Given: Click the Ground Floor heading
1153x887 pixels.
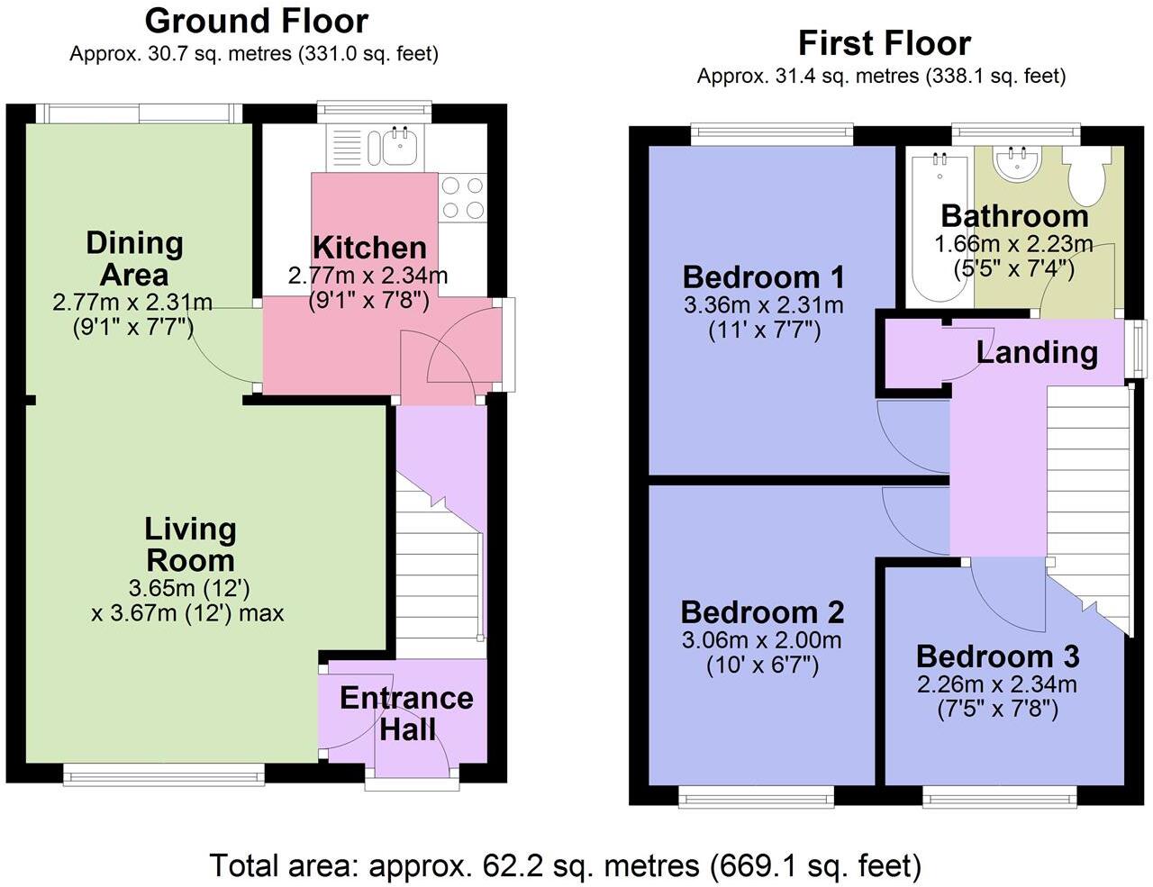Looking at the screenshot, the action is coord(257,22).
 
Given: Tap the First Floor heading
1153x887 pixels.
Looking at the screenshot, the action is coord(885,43).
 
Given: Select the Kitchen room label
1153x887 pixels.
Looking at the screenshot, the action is coord(369,248).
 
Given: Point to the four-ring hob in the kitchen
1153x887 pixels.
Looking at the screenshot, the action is coord(462,198).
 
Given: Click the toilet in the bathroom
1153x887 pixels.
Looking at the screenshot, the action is coord(1086,176).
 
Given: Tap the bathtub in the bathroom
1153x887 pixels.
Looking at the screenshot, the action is coord(940,226).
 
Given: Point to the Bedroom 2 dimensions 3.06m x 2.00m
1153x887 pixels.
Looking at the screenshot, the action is coord(762,640).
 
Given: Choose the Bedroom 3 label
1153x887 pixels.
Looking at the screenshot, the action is coord(997,656).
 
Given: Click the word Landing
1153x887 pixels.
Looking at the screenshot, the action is coord(1037,353).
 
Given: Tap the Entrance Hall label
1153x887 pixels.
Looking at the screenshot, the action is coord(406,713).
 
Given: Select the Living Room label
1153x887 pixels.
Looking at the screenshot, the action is coord(190,545).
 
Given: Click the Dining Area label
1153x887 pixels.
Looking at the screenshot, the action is coord(134,258).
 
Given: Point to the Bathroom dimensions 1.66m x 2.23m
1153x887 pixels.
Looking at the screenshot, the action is coord(1013,244).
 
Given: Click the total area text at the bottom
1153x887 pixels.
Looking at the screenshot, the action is coord(566,865).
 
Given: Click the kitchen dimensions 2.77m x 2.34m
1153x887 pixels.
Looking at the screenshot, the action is coord(368,276).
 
